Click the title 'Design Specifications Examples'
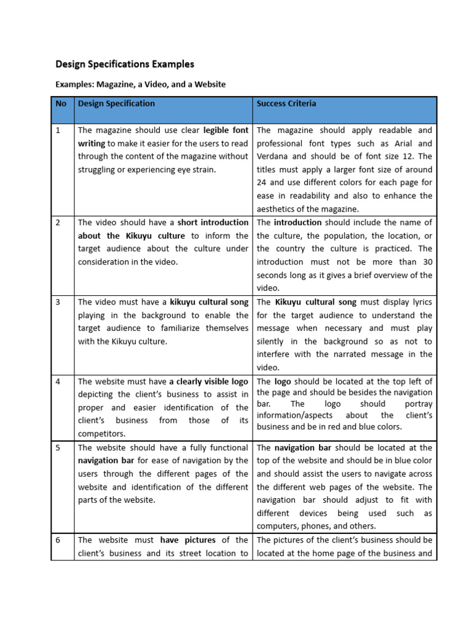click(x=125, y=64)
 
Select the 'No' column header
click(x=61, y=104)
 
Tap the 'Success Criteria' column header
click(x=286, y=104)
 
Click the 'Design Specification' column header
click(x=116, y=104)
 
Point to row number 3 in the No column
click(x=58, y=302)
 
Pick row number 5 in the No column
click(x=58, y=448)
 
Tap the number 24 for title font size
click(x=262, y=183)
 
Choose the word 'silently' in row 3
click(x=271, y=341)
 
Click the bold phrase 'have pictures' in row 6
click(x=187, y=540)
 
